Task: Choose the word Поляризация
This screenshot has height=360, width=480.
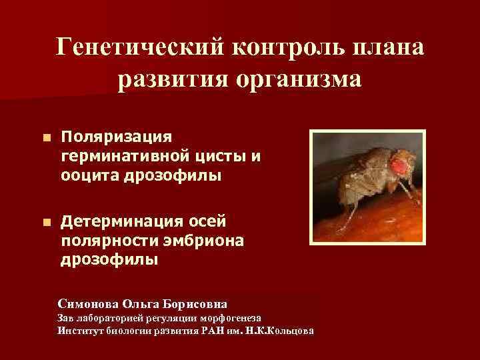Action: pos(116,137)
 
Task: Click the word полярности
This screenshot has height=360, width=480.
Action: pos(99,240)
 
